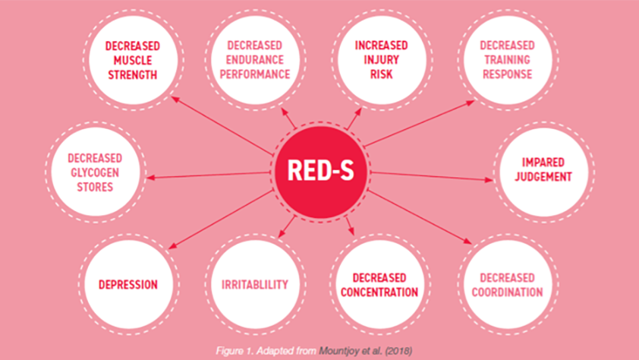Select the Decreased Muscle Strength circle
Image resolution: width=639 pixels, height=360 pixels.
(x=133, y=60)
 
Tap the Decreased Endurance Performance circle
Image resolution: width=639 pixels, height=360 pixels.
(x=255, y=60)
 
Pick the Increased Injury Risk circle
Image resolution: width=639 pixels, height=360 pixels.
(x=382, y=60)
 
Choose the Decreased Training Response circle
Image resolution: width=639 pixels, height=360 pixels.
(x=508, y=60)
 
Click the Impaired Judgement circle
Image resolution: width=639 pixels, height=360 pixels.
(x=543, y=172)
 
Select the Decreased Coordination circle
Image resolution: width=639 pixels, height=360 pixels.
(x=508, y=284)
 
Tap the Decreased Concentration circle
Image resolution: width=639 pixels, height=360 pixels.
(x=379, y=284)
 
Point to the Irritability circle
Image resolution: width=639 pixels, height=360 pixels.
(x=255, y=284)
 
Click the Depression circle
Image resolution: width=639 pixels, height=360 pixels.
(x=128, y=284)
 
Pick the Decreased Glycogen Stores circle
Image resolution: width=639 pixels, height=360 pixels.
(x=95, y=172)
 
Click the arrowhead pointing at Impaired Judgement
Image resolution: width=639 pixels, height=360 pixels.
(x=489, y=179)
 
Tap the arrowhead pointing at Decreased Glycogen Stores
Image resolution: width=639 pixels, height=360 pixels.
(x=150, y=178)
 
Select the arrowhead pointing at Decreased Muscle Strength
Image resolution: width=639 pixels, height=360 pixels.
(x=175, y=99)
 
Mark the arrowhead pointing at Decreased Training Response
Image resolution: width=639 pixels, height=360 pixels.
(x=471, y=103)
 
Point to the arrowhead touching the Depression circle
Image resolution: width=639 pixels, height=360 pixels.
(x=173, y=245)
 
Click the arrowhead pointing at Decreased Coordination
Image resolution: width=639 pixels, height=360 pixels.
(x=467, y=242)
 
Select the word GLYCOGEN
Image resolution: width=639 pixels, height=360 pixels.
(x=95, y=172)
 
